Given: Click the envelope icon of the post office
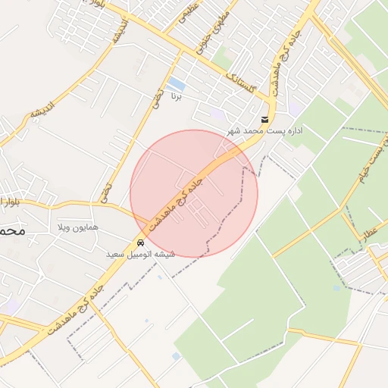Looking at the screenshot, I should (x=264, y=120).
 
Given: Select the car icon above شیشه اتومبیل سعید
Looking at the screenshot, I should (x=142, y=242).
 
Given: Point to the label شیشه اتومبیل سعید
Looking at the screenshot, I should (x=142, y=254).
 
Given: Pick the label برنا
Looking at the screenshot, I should (x=176, y=97).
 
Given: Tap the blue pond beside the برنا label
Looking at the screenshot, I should (x=177, y=83).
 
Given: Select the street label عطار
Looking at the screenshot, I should (x=371, y=225).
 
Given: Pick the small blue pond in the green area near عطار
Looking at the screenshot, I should (x=336, y=288).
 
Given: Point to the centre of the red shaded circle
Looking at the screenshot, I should (x=194, y=193).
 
